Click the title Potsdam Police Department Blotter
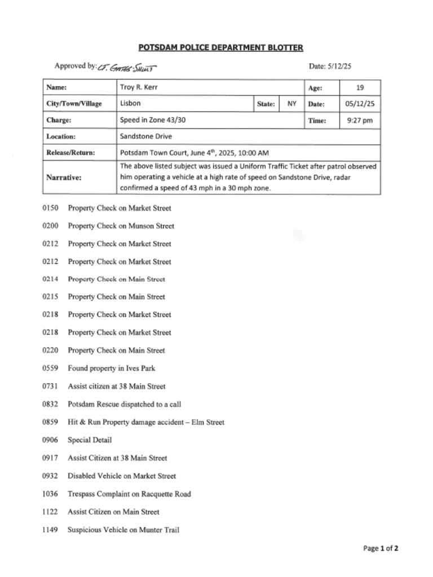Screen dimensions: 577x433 pyautogui.click(x=220, y=48)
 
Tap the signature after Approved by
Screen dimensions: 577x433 pyautogui.click(x=126, y=68)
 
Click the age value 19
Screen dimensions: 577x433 pyautogui.click(x=360, y=87)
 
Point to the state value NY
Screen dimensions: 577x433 pyautogui.click(x=291, y=104)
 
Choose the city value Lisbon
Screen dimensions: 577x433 pyautogui.click(x=130, y=104)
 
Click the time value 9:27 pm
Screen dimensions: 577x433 pyautogui.click(x=360, y=120)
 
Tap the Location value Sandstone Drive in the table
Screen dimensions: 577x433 pyautogui.click(x=146, y=136)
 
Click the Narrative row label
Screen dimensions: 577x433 pyautogui.click(x=64, y=177)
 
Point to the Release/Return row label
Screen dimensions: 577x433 pyautogui.click(x=70, y=153)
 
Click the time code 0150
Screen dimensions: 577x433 pyautogui.click(x=50, y=208)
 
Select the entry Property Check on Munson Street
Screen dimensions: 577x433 pyautogui.click(x=121, y=226)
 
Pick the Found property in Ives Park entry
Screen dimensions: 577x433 pyautogui.click(x=112, y=369)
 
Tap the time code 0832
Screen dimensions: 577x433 pyautogui.click(x=50, y=404)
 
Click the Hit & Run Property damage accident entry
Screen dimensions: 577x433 pyautogui.click(x=146, y=422)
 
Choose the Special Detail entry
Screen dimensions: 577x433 pyautogui.click(x=90, y=440)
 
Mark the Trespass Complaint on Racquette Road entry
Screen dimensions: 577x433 pyautogui.click(x=129, y=494)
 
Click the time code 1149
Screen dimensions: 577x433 pyautogui.click(x=50, y=530)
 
